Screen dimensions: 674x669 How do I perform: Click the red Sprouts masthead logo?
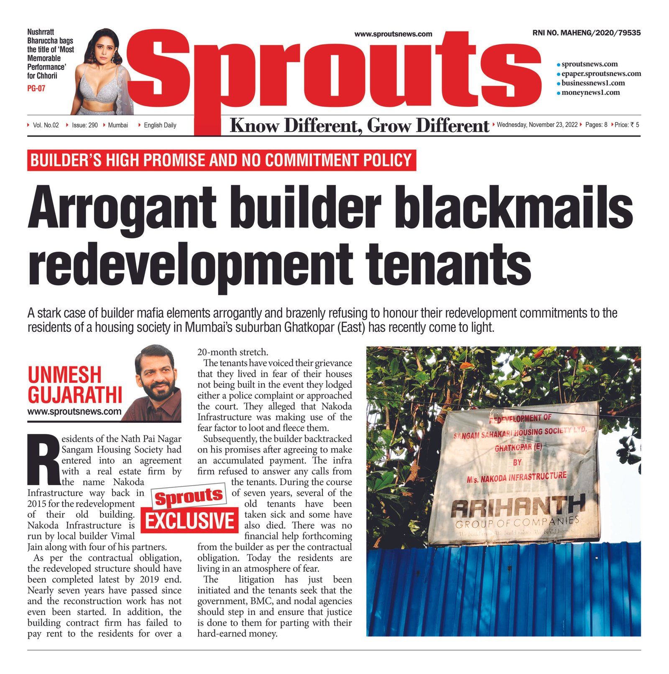pos(334,71)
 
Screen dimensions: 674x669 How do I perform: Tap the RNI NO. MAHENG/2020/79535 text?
pos(586,33)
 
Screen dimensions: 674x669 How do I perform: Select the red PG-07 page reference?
pos(36,88)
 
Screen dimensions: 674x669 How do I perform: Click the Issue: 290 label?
pos(84,125)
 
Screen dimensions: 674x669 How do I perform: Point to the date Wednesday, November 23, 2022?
pos(537,125)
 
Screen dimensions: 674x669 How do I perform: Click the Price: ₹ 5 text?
pos(627,125)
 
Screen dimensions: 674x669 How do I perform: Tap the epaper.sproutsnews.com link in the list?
pos(601,74)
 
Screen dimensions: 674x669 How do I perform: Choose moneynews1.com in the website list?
pos(590,92)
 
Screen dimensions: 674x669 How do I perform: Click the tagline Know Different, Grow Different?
pos(359,125)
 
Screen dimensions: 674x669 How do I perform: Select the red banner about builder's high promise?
pos(222,160)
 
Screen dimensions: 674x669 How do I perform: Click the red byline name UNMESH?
pos(65,374)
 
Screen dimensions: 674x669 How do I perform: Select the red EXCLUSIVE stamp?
pos(190,521)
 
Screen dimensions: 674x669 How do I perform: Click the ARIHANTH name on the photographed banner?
pos(518,506)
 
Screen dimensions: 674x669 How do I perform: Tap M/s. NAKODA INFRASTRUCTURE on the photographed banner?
pos(517,477)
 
